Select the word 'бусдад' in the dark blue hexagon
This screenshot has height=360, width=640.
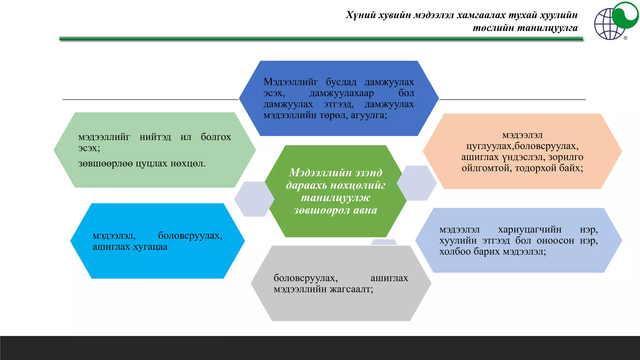point(341,82)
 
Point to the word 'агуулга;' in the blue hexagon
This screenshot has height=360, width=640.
point(369,115)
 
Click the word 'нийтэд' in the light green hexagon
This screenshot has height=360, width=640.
point(155,137)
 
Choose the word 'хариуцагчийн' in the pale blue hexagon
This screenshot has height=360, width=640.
point(530,230)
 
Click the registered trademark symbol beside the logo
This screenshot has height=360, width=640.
point(625,38)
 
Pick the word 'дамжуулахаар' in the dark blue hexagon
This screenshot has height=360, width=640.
point(342,93)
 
